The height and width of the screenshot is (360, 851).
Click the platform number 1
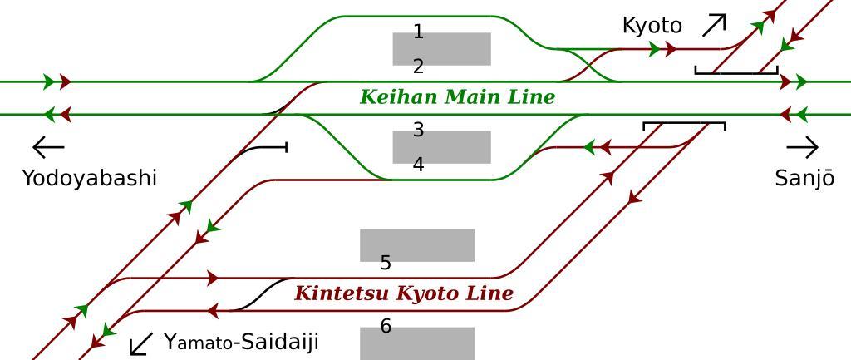point(418,32)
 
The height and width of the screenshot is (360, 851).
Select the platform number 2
point(418,67)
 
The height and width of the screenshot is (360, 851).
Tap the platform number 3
point(418,131)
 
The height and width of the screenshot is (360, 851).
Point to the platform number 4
point(418,165)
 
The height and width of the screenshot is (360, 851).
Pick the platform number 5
point(386,264)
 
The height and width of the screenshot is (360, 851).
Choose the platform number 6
point(386,327)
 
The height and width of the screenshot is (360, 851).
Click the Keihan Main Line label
point(457,97)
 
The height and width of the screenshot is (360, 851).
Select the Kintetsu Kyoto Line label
point(404,293)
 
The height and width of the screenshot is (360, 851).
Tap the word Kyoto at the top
point(652,26)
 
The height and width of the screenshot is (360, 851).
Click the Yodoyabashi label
point(89,178)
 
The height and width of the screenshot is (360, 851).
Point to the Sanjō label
point(804,178)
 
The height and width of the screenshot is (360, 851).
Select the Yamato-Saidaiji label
point(241,342)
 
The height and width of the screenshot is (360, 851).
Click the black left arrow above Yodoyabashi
point(48,148)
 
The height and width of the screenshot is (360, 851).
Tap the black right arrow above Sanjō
point(802,148)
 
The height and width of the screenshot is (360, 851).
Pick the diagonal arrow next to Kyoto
point(714,26)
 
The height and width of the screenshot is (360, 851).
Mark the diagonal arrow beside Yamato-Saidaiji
point(142,343)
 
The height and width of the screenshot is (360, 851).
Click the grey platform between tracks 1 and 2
point(442,49)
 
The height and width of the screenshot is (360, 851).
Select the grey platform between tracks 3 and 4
point(442,146)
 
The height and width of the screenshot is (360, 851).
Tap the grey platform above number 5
point(417,245)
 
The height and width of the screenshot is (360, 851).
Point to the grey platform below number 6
point(417,343)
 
